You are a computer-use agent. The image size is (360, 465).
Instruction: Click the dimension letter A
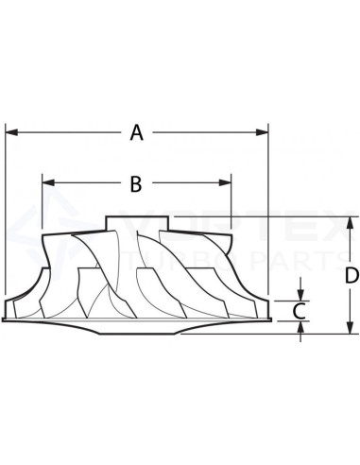coord(137,133)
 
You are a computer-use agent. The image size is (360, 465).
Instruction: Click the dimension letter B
coord(136,184)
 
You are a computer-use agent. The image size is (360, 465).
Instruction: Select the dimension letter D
coord(351,275)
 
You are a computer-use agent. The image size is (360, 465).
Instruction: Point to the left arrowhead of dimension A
coord(10,133)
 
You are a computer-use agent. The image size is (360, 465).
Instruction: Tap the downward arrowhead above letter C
coord(300,294)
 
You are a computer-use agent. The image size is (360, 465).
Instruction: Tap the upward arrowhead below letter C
coord(300,326)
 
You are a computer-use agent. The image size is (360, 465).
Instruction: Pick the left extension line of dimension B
coord(43,203)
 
